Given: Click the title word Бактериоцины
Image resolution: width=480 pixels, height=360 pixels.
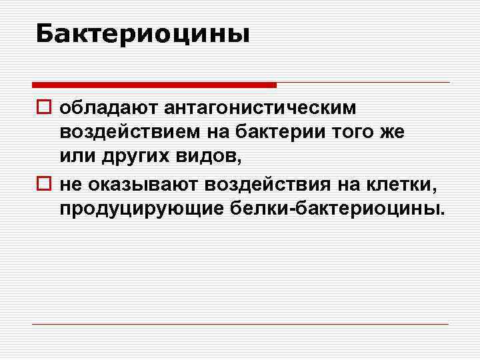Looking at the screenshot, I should click(143, 33).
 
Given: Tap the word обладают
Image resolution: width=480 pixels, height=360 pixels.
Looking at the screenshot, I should click(107, 107).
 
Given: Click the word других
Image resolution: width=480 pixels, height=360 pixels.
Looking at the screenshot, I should click(131, 157).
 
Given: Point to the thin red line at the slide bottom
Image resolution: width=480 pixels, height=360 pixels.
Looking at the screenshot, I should click(240, 324).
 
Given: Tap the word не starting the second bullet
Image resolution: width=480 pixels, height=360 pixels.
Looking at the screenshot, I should click(69, 183).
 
